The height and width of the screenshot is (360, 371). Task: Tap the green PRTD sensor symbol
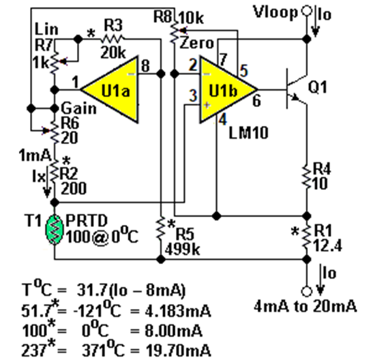[55, 229]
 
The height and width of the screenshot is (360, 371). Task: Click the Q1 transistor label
[318, 87]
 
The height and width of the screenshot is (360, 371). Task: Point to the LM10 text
[248, 132]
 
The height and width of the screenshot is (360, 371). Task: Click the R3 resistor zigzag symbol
[112, 38]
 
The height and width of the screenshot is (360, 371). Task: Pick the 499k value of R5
[183, 249]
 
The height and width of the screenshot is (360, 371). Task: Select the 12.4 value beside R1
[327, 246]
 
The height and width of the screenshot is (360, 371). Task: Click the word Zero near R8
[197, 44]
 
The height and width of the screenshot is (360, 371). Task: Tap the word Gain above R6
[79, 108]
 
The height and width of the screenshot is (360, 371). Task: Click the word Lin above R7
[46, 29]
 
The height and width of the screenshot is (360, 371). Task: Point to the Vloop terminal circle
[307, 11]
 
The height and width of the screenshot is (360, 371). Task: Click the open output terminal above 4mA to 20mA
[307, 292]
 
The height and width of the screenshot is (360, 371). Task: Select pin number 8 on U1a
[145, 66]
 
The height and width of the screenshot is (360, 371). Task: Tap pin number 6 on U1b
[257, 100]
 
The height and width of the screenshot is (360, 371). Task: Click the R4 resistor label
[322, 169]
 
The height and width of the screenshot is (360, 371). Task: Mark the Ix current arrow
[48, 181]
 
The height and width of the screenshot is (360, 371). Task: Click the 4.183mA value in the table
[177, 311]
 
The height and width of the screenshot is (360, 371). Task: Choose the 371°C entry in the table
[103, 350]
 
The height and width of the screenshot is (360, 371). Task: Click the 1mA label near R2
[35, 156]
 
